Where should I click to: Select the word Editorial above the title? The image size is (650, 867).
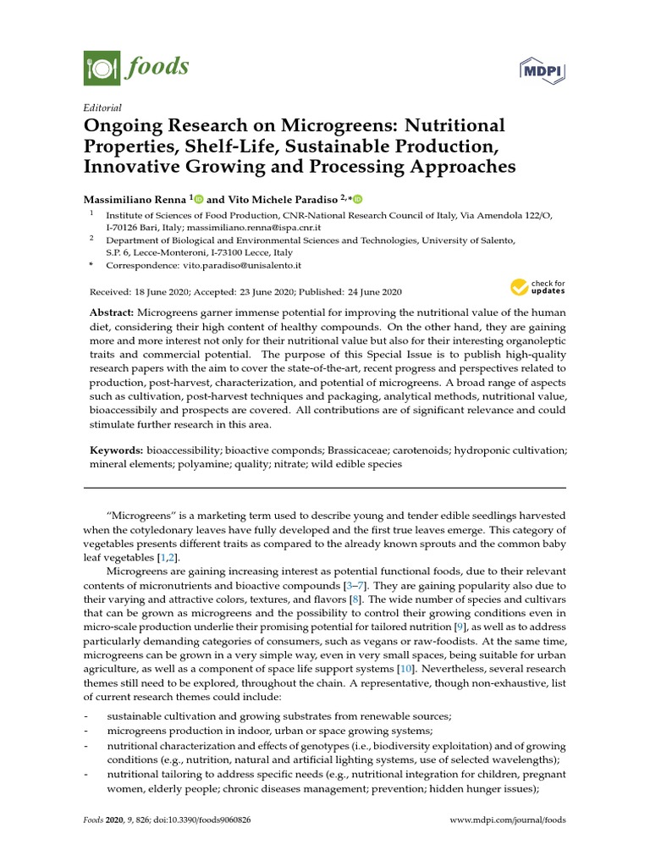[103, 108]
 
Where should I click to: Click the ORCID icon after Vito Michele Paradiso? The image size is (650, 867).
[357, 199]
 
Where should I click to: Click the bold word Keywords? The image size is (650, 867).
[118, 450]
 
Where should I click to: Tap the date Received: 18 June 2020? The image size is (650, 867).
[138, 290]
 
